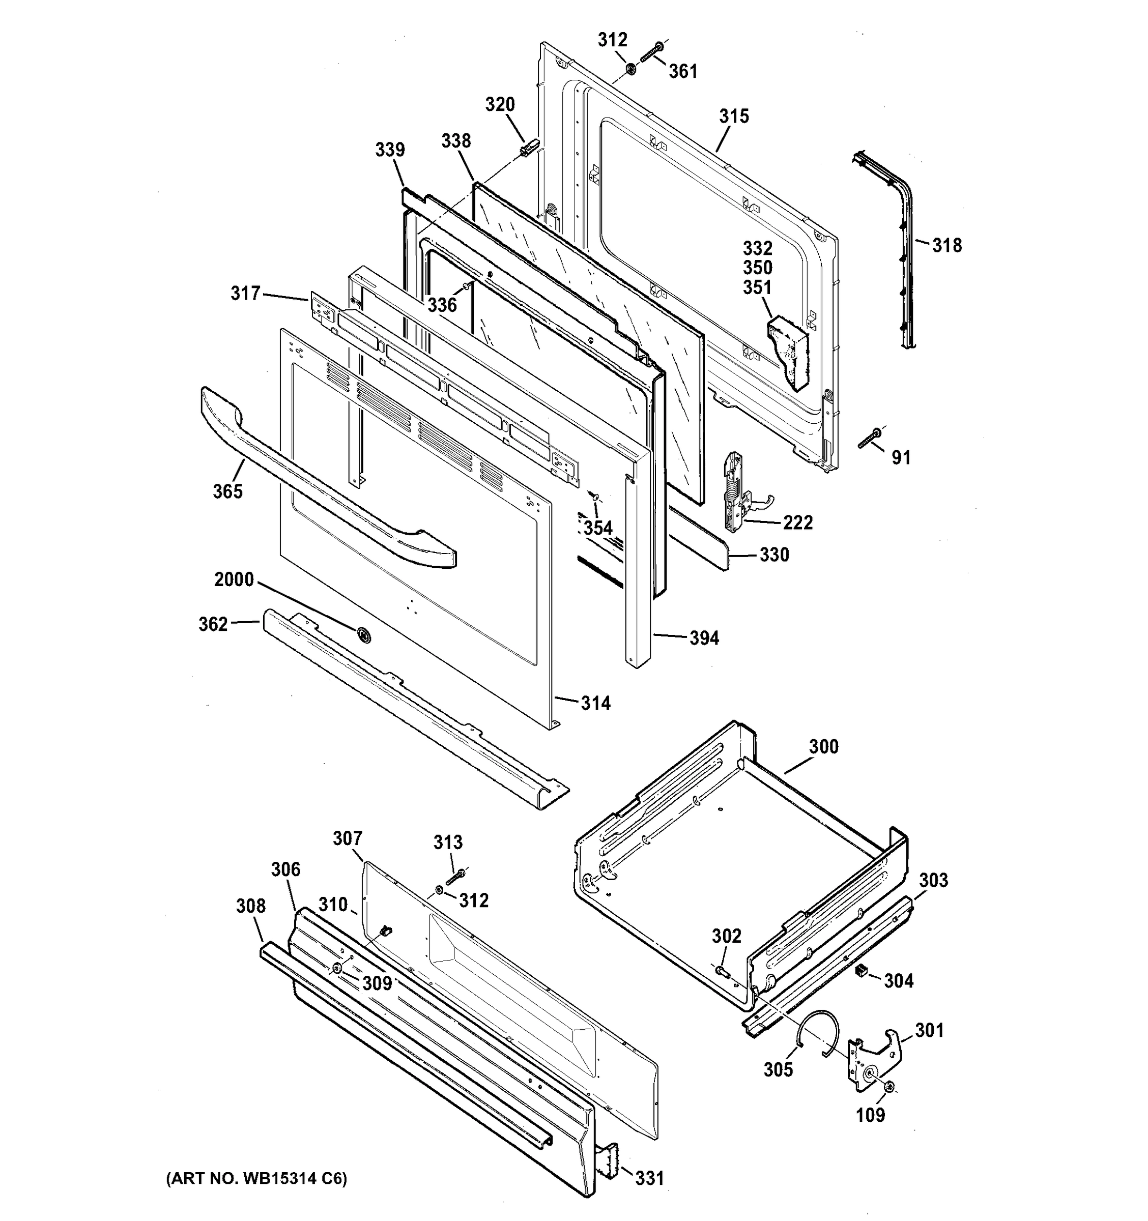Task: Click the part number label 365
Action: point(227,491)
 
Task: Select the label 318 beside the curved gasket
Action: point(946,246)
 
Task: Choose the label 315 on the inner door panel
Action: point(734,116)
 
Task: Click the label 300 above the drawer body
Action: point(823,747)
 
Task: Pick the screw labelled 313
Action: point(455,878)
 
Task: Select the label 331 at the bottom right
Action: point(649,1178)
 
